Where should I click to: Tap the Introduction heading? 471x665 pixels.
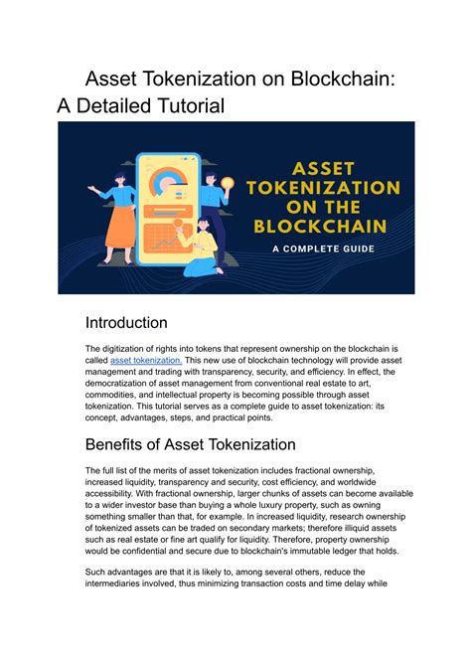click(126, 322)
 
